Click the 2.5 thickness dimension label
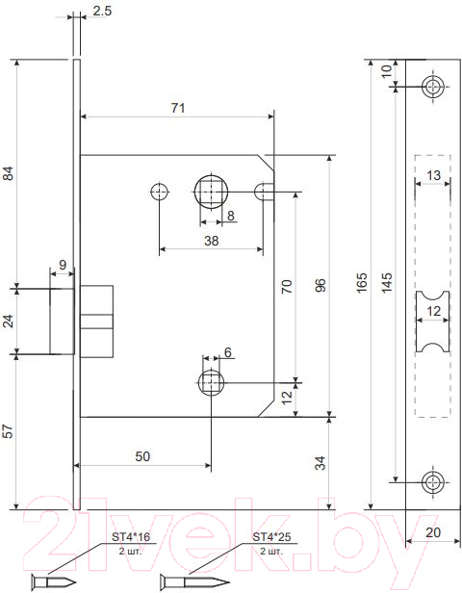102,11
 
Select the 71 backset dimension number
178,108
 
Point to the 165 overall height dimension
362,282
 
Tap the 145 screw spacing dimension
387,282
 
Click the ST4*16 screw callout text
131,536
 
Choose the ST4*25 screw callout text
271,536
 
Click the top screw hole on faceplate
433,87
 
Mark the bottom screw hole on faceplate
433,482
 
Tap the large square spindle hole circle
211,192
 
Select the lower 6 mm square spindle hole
211,383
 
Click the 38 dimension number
212,241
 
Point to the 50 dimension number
142,456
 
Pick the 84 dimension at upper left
9,173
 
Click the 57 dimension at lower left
9,431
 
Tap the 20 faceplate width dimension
433,532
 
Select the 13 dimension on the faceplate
433,175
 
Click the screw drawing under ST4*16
53,581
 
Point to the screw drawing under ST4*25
194,581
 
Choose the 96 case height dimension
321,286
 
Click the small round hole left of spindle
159,193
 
